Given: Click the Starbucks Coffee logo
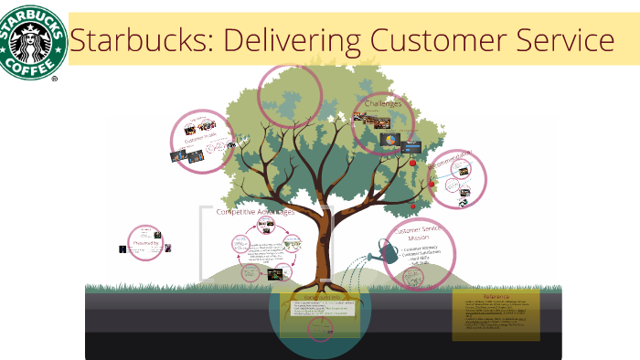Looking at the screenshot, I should point(33,42).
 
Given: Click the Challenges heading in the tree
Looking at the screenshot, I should point(383,104).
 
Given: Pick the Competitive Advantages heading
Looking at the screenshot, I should point(255,211).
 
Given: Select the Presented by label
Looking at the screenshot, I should point(146,244).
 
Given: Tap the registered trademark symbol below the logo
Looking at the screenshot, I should point(55,79).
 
